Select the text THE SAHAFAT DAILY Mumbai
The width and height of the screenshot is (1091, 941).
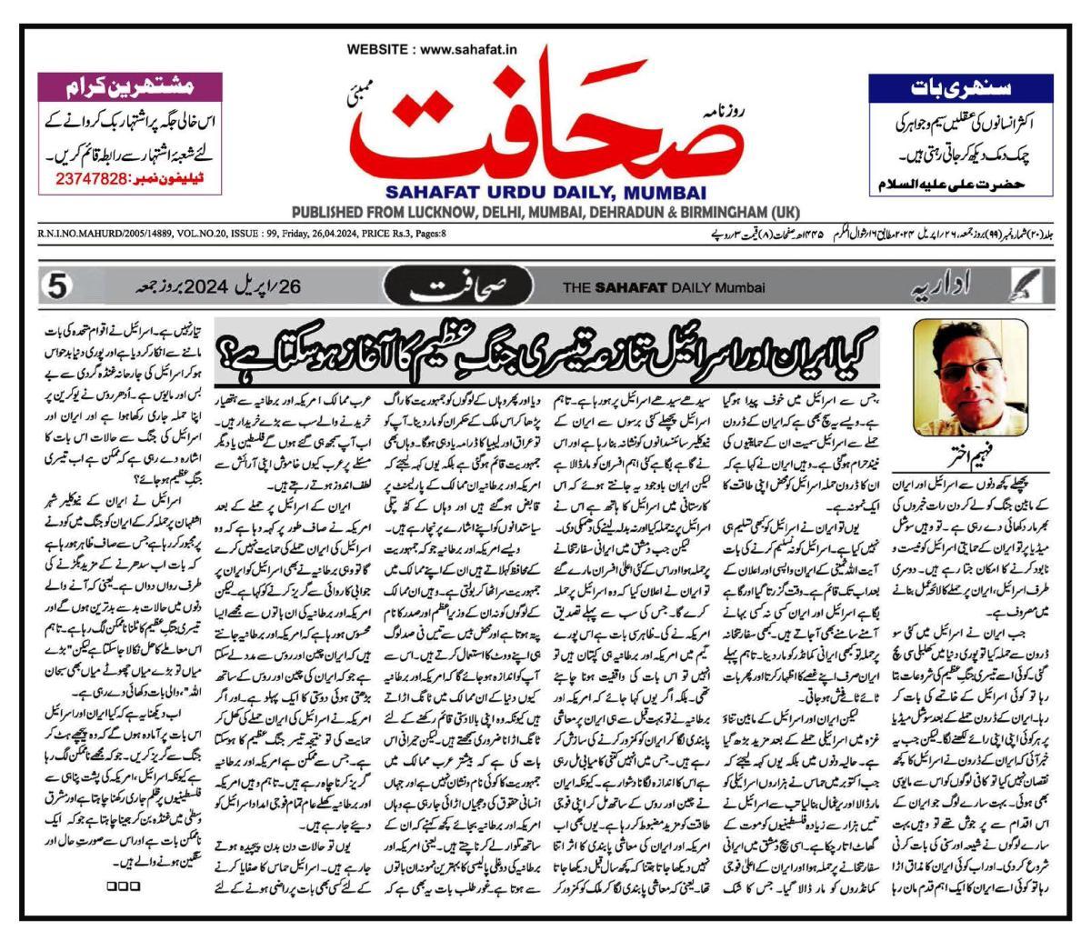(664, 289)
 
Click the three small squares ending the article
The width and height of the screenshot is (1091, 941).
(122, 884)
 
